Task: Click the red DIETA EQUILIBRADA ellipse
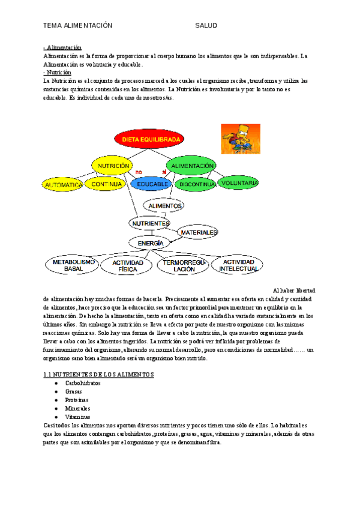[151, 139]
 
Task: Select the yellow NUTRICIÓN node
[114, 165]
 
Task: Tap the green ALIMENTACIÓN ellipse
[193, 165]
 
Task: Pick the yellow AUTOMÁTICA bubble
[63, 185]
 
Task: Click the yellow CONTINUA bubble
[106, 184]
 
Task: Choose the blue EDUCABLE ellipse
[152, 184]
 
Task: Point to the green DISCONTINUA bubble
[197, 184]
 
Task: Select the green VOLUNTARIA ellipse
[239, 182]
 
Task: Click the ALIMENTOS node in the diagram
[165, 205]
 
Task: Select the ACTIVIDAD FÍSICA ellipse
[128, 266]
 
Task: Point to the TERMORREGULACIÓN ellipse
[181, 266]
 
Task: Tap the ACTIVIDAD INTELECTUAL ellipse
[238, 265]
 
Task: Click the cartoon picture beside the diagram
[241, 139]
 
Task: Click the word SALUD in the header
[206, 26]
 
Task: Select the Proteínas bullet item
[76, 399]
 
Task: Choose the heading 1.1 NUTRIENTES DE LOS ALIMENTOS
[99, 374]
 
